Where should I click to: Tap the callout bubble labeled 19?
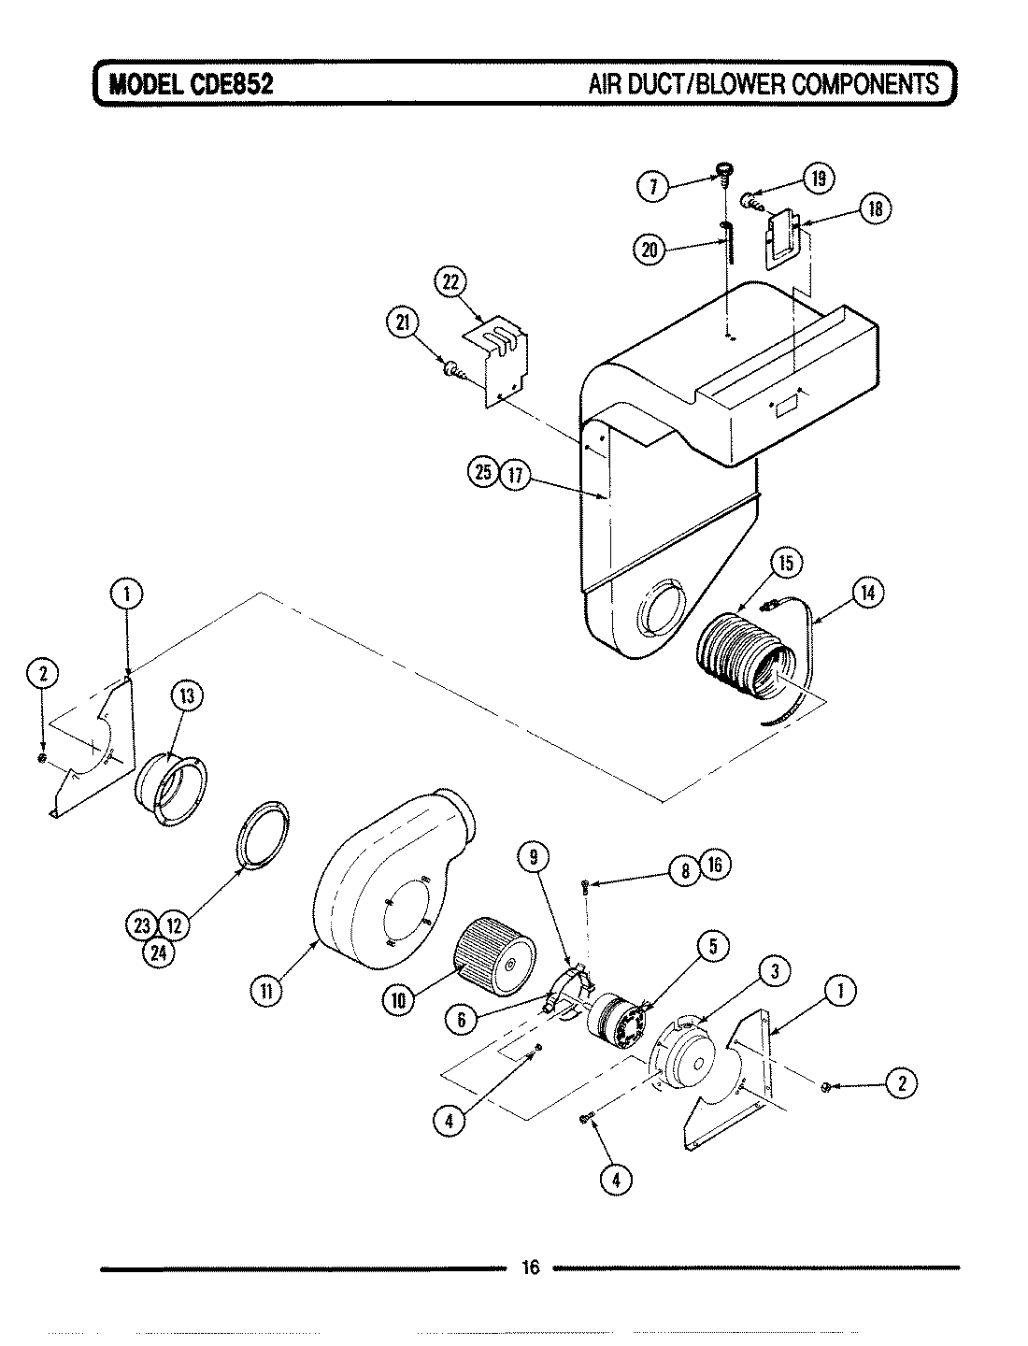click(x=819, y=179)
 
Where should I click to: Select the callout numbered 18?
click(x=876, y=208)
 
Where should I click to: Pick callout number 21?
click(x=401, y=322)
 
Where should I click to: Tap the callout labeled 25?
click(x=482, y=473)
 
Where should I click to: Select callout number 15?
click(x=786, y=563)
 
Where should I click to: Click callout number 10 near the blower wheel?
click(x=398, y=999)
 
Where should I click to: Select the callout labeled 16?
click(x=715, y=865)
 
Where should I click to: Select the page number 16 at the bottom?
click(x=530, y=1267)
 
